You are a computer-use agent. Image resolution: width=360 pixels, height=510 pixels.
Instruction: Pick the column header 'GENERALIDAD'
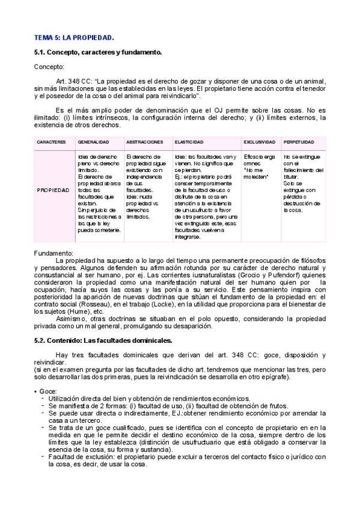pyautogui.click(x=93, y=142)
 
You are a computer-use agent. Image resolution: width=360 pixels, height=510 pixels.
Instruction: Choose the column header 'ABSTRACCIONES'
pyautogui.click(x=145, y=142)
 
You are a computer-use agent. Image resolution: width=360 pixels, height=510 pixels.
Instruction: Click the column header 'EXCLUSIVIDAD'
pyautogui.click(x=260, y=142)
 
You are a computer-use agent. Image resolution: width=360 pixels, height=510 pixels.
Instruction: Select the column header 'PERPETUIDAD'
pyautogui.click(x=299, y=142)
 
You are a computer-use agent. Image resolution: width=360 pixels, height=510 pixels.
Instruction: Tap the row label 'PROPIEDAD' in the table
pyautogui.click(x=53, y=189)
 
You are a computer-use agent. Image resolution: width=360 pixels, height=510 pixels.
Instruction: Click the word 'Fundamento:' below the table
pyautogui.click(x=54, y=253)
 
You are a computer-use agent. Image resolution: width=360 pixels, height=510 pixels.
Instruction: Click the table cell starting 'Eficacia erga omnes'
pyautogui.click(x=260, y=163)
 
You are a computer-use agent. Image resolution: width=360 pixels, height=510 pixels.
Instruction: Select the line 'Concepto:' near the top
pyautogui.click(x=49, y=67)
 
